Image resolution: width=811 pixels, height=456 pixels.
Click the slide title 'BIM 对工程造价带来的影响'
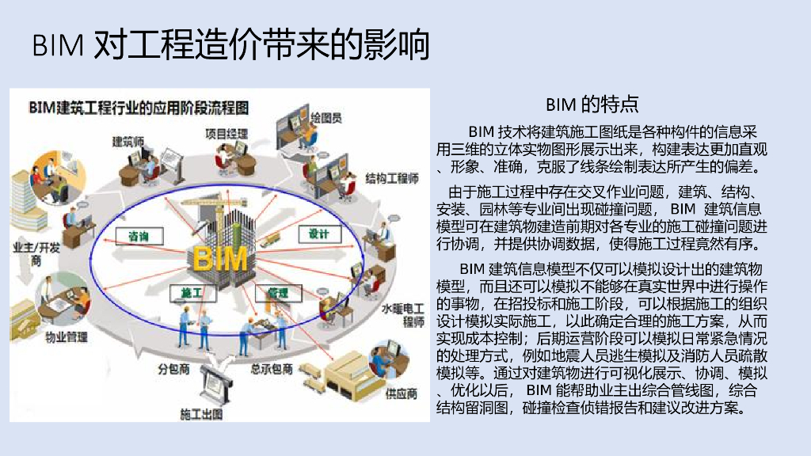pyautogui.click(x=230, y=45)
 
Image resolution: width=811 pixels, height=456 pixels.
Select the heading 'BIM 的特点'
pyautogui.click(x=592, y=104)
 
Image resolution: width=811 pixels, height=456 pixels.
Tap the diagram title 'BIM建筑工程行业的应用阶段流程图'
pyautogui.click(x=139, y=107)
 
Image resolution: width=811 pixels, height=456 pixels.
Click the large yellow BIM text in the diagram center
pyautogui.click(x=220, y=259)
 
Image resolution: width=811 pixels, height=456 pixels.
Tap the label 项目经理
pyautogui.click(x=227, y=132)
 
